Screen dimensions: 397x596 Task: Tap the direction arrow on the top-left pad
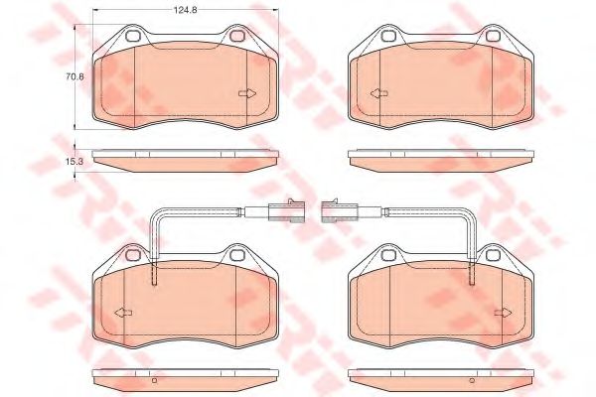click(x=247, y=94)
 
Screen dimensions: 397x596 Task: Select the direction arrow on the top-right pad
click(x=378, y=94)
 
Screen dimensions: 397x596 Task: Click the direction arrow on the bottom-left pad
click(x=123, y=313)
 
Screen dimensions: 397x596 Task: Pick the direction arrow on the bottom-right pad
click(x=503, y=313)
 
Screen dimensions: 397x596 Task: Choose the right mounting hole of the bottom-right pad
click(x=495, y=257)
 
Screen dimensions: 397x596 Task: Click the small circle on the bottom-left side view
click(x=154, y=380)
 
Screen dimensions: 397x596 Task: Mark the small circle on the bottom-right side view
click(x=472, y=380)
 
